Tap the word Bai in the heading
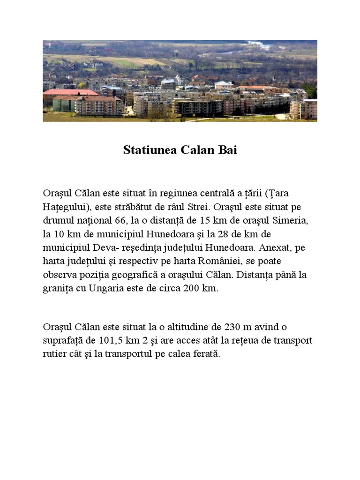(x=227, y=150)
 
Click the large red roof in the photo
(x=70, y=92)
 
